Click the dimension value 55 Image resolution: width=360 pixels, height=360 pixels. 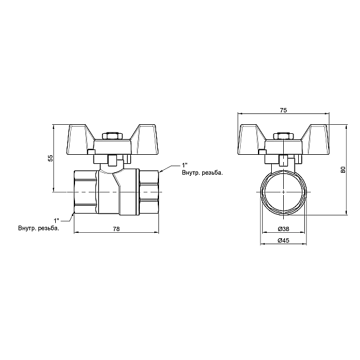50,157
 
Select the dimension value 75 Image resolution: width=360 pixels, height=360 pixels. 284,110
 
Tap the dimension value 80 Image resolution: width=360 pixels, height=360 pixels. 343,170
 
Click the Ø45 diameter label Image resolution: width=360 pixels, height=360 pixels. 284,240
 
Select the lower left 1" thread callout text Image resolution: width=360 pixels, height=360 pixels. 57,221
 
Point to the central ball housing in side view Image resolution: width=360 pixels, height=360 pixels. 118,191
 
